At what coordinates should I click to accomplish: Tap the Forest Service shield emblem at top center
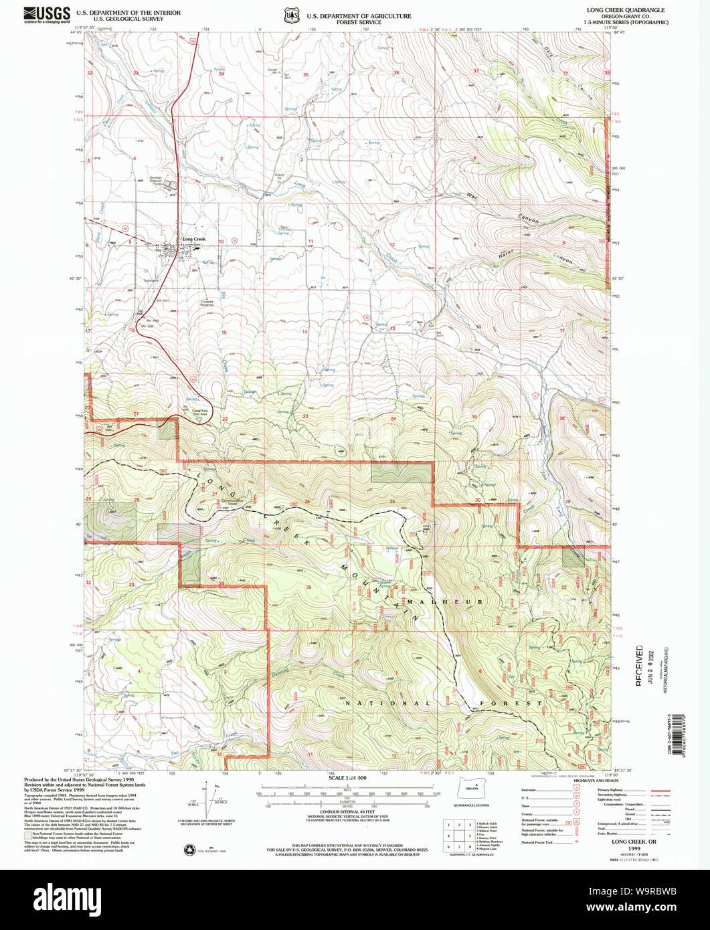[290, 15]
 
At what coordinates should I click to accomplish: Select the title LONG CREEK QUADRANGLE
[616, 10]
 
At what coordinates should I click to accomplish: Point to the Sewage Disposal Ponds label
[156, 181]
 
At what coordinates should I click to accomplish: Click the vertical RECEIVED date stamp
[640, 666]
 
